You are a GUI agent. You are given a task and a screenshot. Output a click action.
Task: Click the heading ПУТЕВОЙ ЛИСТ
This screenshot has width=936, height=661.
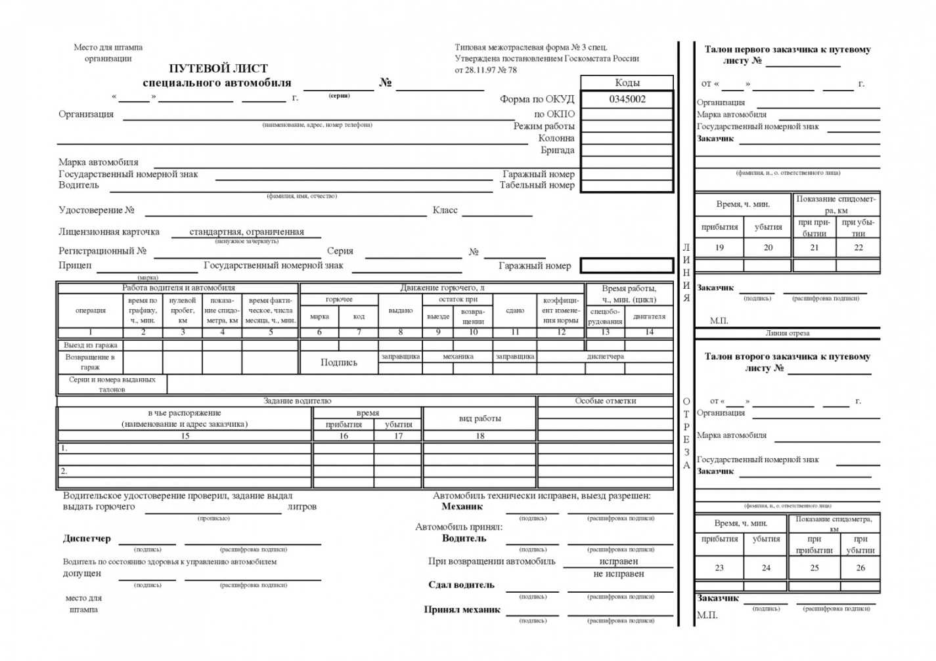pos(218,68)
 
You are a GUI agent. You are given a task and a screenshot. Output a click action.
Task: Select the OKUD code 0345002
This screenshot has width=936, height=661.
pos(627,99)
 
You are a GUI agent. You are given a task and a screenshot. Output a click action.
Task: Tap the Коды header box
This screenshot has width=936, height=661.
pos(627,83)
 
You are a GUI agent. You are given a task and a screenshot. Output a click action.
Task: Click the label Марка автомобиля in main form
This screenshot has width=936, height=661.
pos(99,162)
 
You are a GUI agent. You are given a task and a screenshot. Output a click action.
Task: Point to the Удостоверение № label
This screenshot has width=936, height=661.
pos(97,210)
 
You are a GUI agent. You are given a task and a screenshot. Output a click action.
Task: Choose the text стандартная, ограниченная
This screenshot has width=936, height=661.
pos(246,232)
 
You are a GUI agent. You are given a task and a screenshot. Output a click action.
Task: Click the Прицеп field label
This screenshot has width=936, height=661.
pos(76,265)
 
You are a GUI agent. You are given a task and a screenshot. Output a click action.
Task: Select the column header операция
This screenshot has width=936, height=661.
pos(91,310)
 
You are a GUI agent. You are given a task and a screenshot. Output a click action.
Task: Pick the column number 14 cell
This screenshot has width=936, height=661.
pos(649,332)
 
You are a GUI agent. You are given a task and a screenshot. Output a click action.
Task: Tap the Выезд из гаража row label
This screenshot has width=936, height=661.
pos(91,345)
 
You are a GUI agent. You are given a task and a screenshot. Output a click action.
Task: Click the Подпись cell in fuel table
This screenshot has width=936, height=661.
pos(339,362)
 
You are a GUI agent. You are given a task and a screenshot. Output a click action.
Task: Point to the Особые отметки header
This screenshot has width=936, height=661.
pos(606,401)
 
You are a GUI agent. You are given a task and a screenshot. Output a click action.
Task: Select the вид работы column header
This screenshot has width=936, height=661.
pos(479,418)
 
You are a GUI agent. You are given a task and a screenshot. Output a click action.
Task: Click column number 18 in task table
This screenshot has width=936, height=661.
pos(479,436)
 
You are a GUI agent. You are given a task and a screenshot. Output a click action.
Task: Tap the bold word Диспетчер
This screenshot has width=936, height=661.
pos(87,539)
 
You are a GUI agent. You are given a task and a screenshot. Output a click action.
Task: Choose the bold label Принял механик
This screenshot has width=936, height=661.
pos(462,610)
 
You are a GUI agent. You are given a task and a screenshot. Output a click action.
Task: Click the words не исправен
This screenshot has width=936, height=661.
pos(618,574)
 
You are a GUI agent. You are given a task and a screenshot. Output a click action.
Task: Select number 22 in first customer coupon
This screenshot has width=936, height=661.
pos(858,247)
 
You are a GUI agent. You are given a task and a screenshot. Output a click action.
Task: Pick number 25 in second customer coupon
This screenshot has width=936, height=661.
pos(814,568)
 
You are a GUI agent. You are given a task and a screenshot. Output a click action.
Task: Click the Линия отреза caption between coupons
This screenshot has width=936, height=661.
pos(787,333)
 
